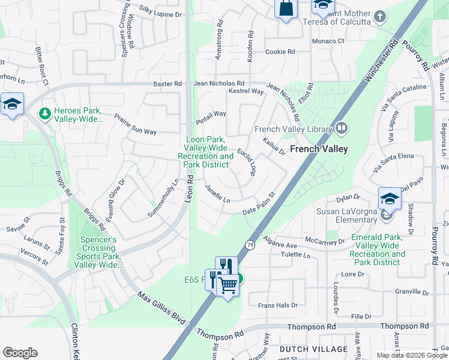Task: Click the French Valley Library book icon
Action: pos(341,128)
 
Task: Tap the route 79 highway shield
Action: pos(249,245)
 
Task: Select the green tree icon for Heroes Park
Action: pos(44,113)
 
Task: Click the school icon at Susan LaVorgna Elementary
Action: pos(390,199)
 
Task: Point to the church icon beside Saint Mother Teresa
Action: pos(379,16)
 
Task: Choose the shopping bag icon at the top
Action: pos(286,8)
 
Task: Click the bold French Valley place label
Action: pos(319,149)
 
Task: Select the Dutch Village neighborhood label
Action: pos(313,349)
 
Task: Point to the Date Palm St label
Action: pos(259,205)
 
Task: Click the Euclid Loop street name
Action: pos(247,162)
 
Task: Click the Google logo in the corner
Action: pos(20,353)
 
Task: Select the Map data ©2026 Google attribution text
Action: pos(412,355)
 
